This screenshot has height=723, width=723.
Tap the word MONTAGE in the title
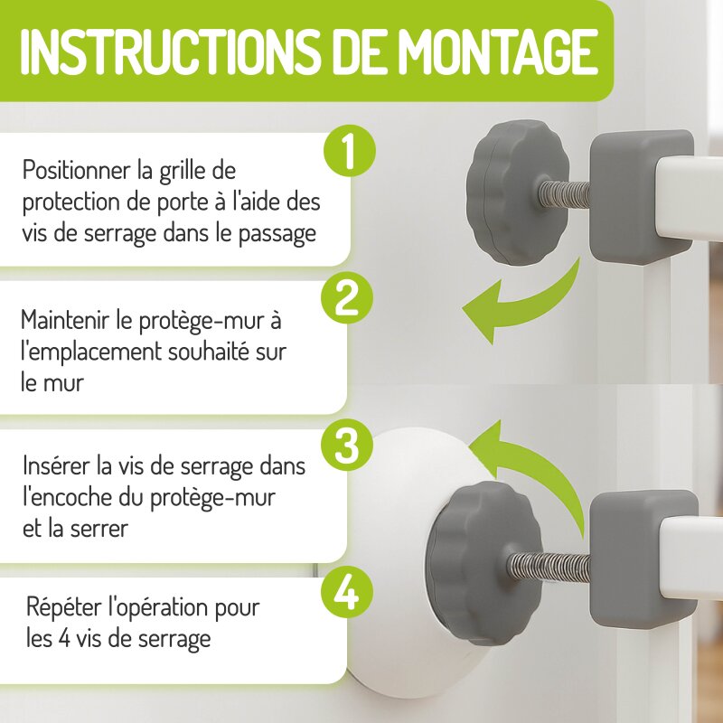click(x=498, y=52)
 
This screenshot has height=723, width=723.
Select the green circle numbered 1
click(x=350, y=150)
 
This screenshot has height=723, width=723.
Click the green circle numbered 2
click(x=347, y=299)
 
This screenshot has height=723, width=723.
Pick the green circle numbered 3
click(x=347, y=446)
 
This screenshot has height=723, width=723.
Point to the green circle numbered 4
click(x=347, y=594)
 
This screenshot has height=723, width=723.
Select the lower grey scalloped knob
click(x=480, y=562)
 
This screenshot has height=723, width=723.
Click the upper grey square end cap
click(x=641, y=196)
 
